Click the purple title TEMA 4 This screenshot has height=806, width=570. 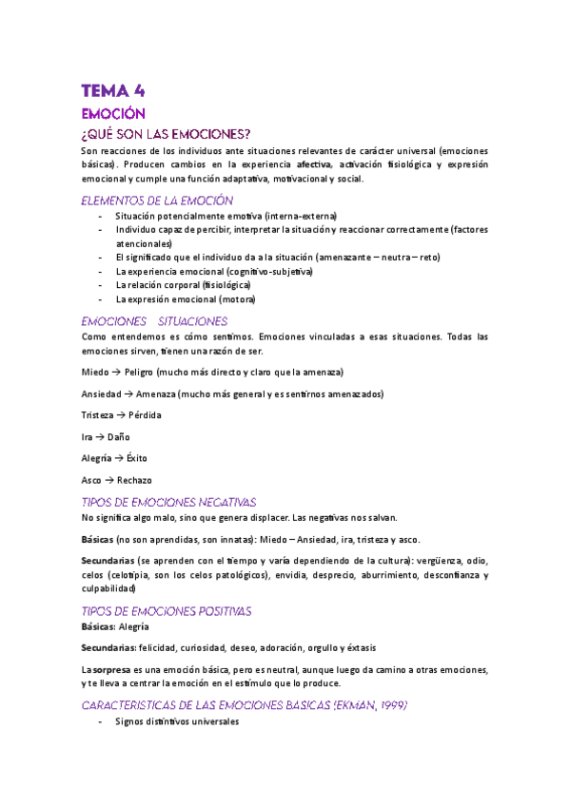[112, 91]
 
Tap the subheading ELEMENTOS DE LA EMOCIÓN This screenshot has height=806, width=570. [157, 201]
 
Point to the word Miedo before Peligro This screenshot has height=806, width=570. [95, 372]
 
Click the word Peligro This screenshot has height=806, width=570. [137, 372]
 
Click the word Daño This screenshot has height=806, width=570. [119, 437]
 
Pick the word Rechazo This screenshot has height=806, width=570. [134, 481]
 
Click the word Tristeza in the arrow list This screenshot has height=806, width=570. [99, 415]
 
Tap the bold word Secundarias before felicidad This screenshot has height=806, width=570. [108, 647]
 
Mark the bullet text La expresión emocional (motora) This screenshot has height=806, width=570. [186, 299]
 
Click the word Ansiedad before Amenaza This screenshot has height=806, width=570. [102, 393]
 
